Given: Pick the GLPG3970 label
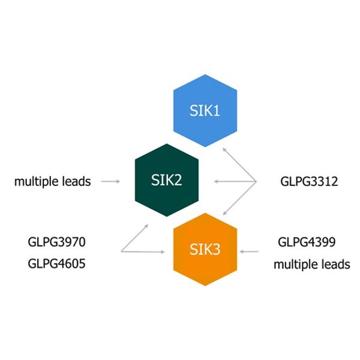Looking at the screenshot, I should [56, 242].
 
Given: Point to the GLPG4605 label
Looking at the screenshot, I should [56, 263].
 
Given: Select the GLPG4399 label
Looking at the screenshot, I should [307, 242].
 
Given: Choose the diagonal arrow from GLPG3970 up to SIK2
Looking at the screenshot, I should [136, 236].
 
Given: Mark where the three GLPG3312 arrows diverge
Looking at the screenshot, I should [257, 180].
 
